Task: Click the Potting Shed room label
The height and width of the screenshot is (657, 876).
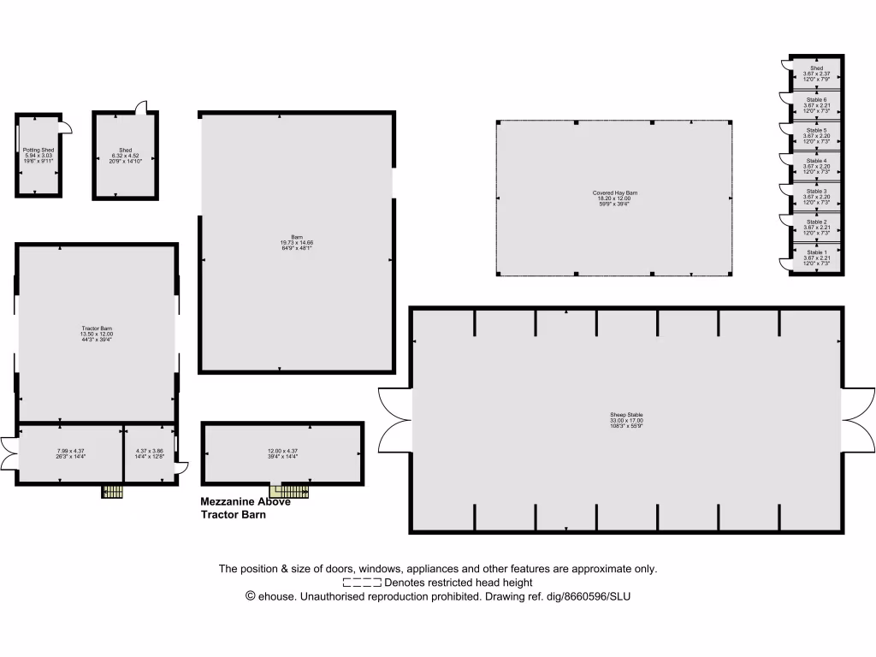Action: [x=38, y=150]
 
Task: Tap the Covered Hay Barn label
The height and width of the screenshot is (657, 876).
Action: [x=614, y=193]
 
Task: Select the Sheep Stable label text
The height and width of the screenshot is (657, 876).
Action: [x=625, y=415]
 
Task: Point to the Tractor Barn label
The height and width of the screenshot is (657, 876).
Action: [x=97, y=329]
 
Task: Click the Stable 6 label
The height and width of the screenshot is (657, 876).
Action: [x=816, y=99]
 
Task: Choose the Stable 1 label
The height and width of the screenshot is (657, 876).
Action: [x=816, y=253]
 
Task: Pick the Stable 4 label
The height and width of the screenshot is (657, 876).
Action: [x=816, y=161]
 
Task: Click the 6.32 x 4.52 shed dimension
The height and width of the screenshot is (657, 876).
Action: [x=125, y=156]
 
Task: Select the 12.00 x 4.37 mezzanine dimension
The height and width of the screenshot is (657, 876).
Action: [x=281, y=451]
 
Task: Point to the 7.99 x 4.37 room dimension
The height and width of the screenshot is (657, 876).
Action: [x=71, y=451]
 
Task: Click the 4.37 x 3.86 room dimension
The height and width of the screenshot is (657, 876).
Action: [x=150, y=451]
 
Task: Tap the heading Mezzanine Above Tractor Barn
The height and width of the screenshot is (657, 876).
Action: [x=245, y=508]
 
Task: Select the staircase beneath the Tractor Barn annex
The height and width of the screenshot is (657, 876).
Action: [x=113, y=492]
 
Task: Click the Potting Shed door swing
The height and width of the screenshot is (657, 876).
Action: [x=66, y=128]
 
